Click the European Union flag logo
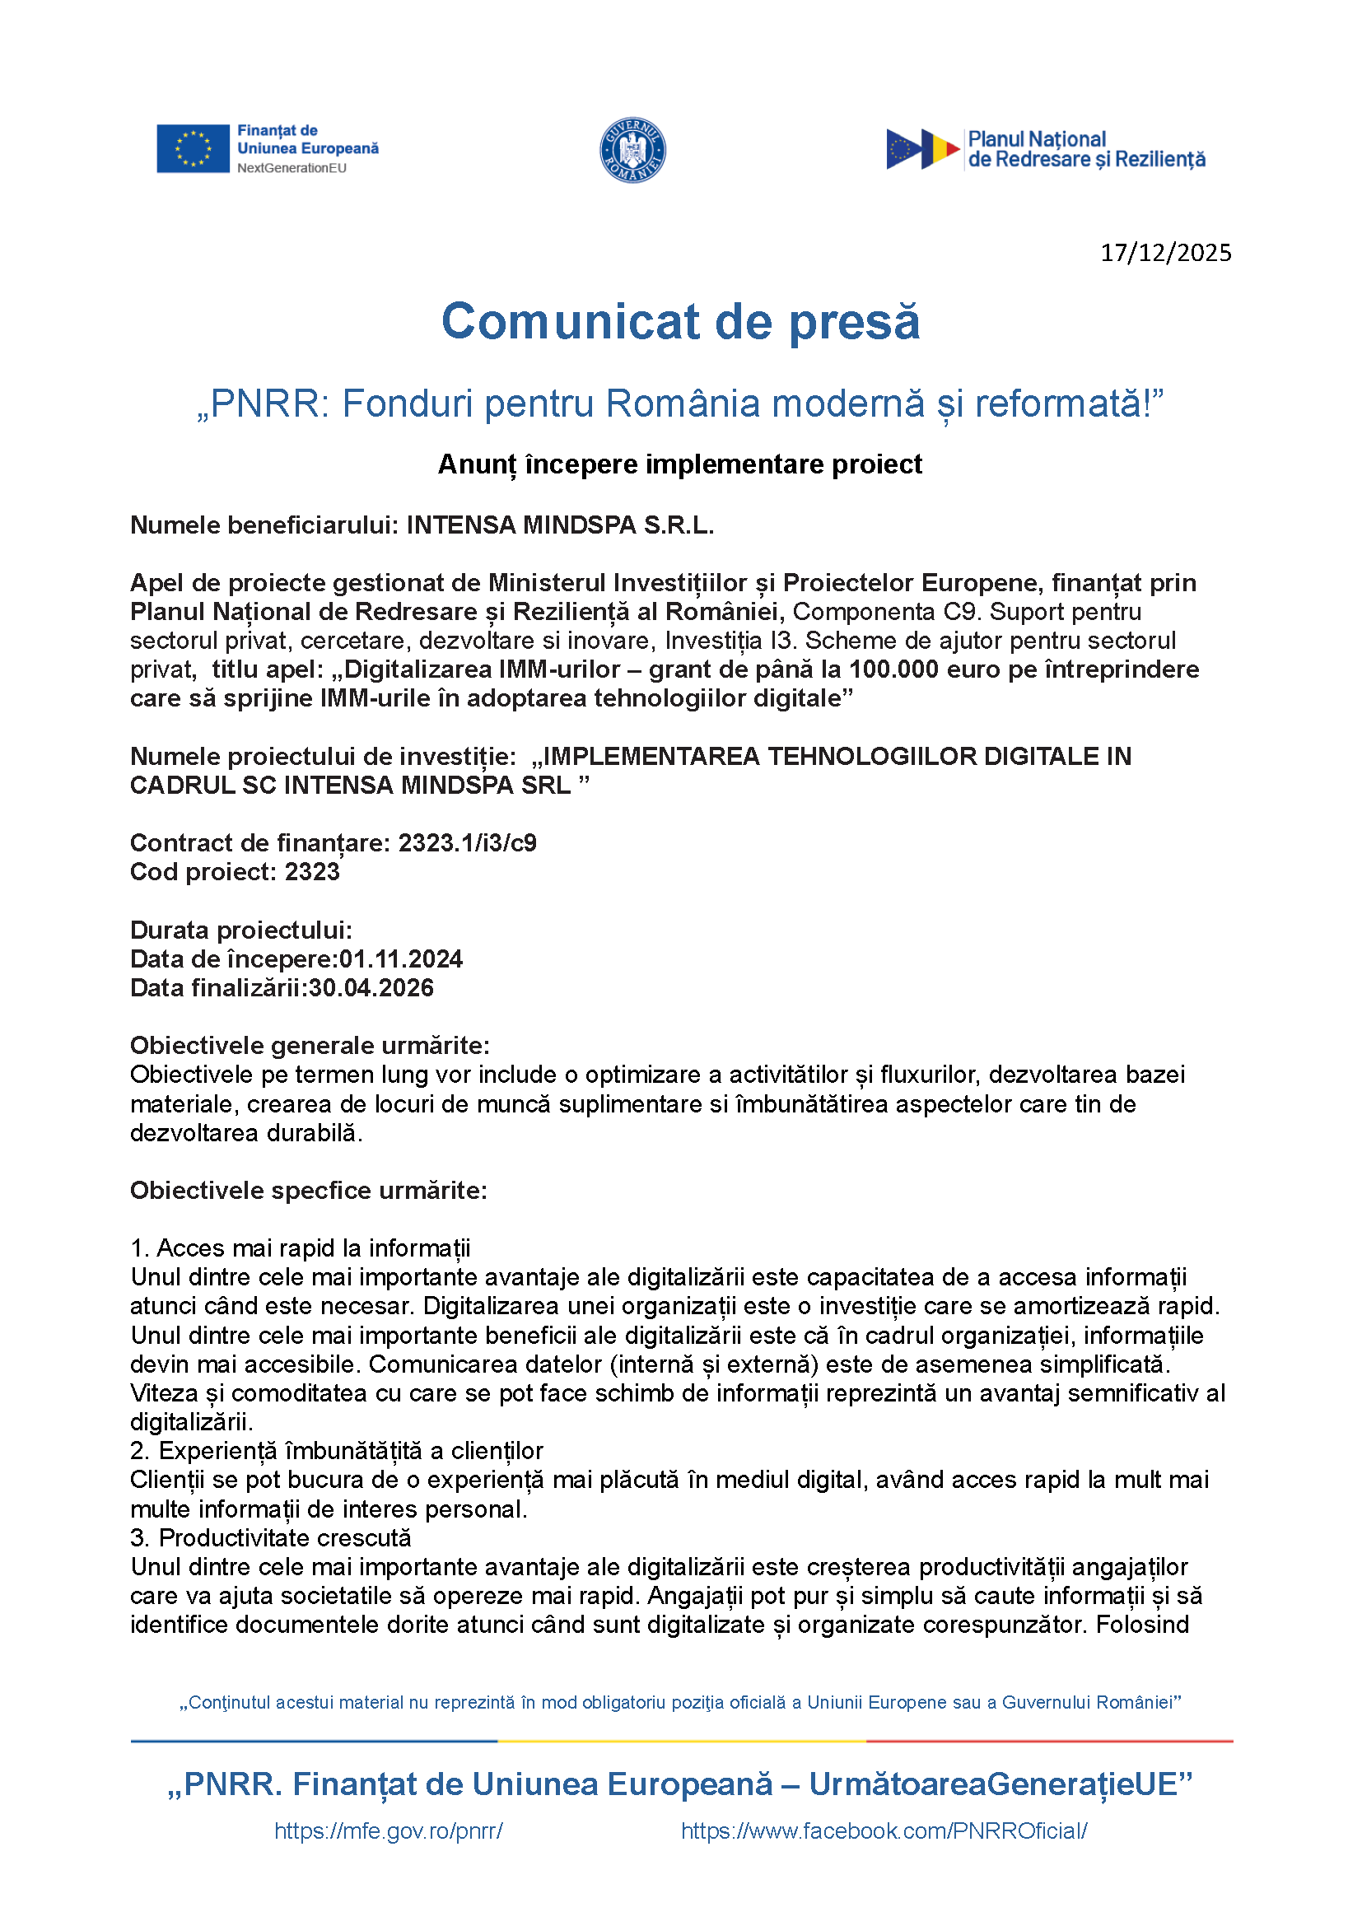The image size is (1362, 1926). point(193,148)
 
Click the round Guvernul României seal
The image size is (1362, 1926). point(632,150)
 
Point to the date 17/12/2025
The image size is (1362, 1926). point(1165,253)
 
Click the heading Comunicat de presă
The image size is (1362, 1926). point(680,321)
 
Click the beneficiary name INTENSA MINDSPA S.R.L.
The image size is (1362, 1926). point(560,525)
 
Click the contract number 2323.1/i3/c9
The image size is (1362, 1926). point(467,843)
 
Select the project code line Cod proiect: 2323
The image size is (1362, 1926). point(235,872)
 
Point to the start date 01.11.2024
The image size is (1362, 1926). point(401,959)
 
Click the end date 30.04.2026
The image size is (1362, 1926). point(371,988)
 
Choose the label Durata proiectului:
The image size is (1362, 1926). point(241,930)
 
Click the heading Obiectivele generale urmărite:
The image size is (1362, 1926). point(310,1046)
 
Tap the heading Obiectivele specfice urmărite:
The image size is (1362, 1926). point(309,1191)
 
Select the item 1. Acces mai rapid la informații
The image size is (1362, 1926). point(301,1248)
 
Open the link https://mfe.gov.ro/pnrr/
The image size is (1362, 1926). point(389,1831)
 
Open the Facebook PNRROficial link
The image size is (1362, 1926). point(884,1831)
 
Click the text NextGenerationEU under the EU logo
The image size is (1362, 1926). point(292,168)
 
